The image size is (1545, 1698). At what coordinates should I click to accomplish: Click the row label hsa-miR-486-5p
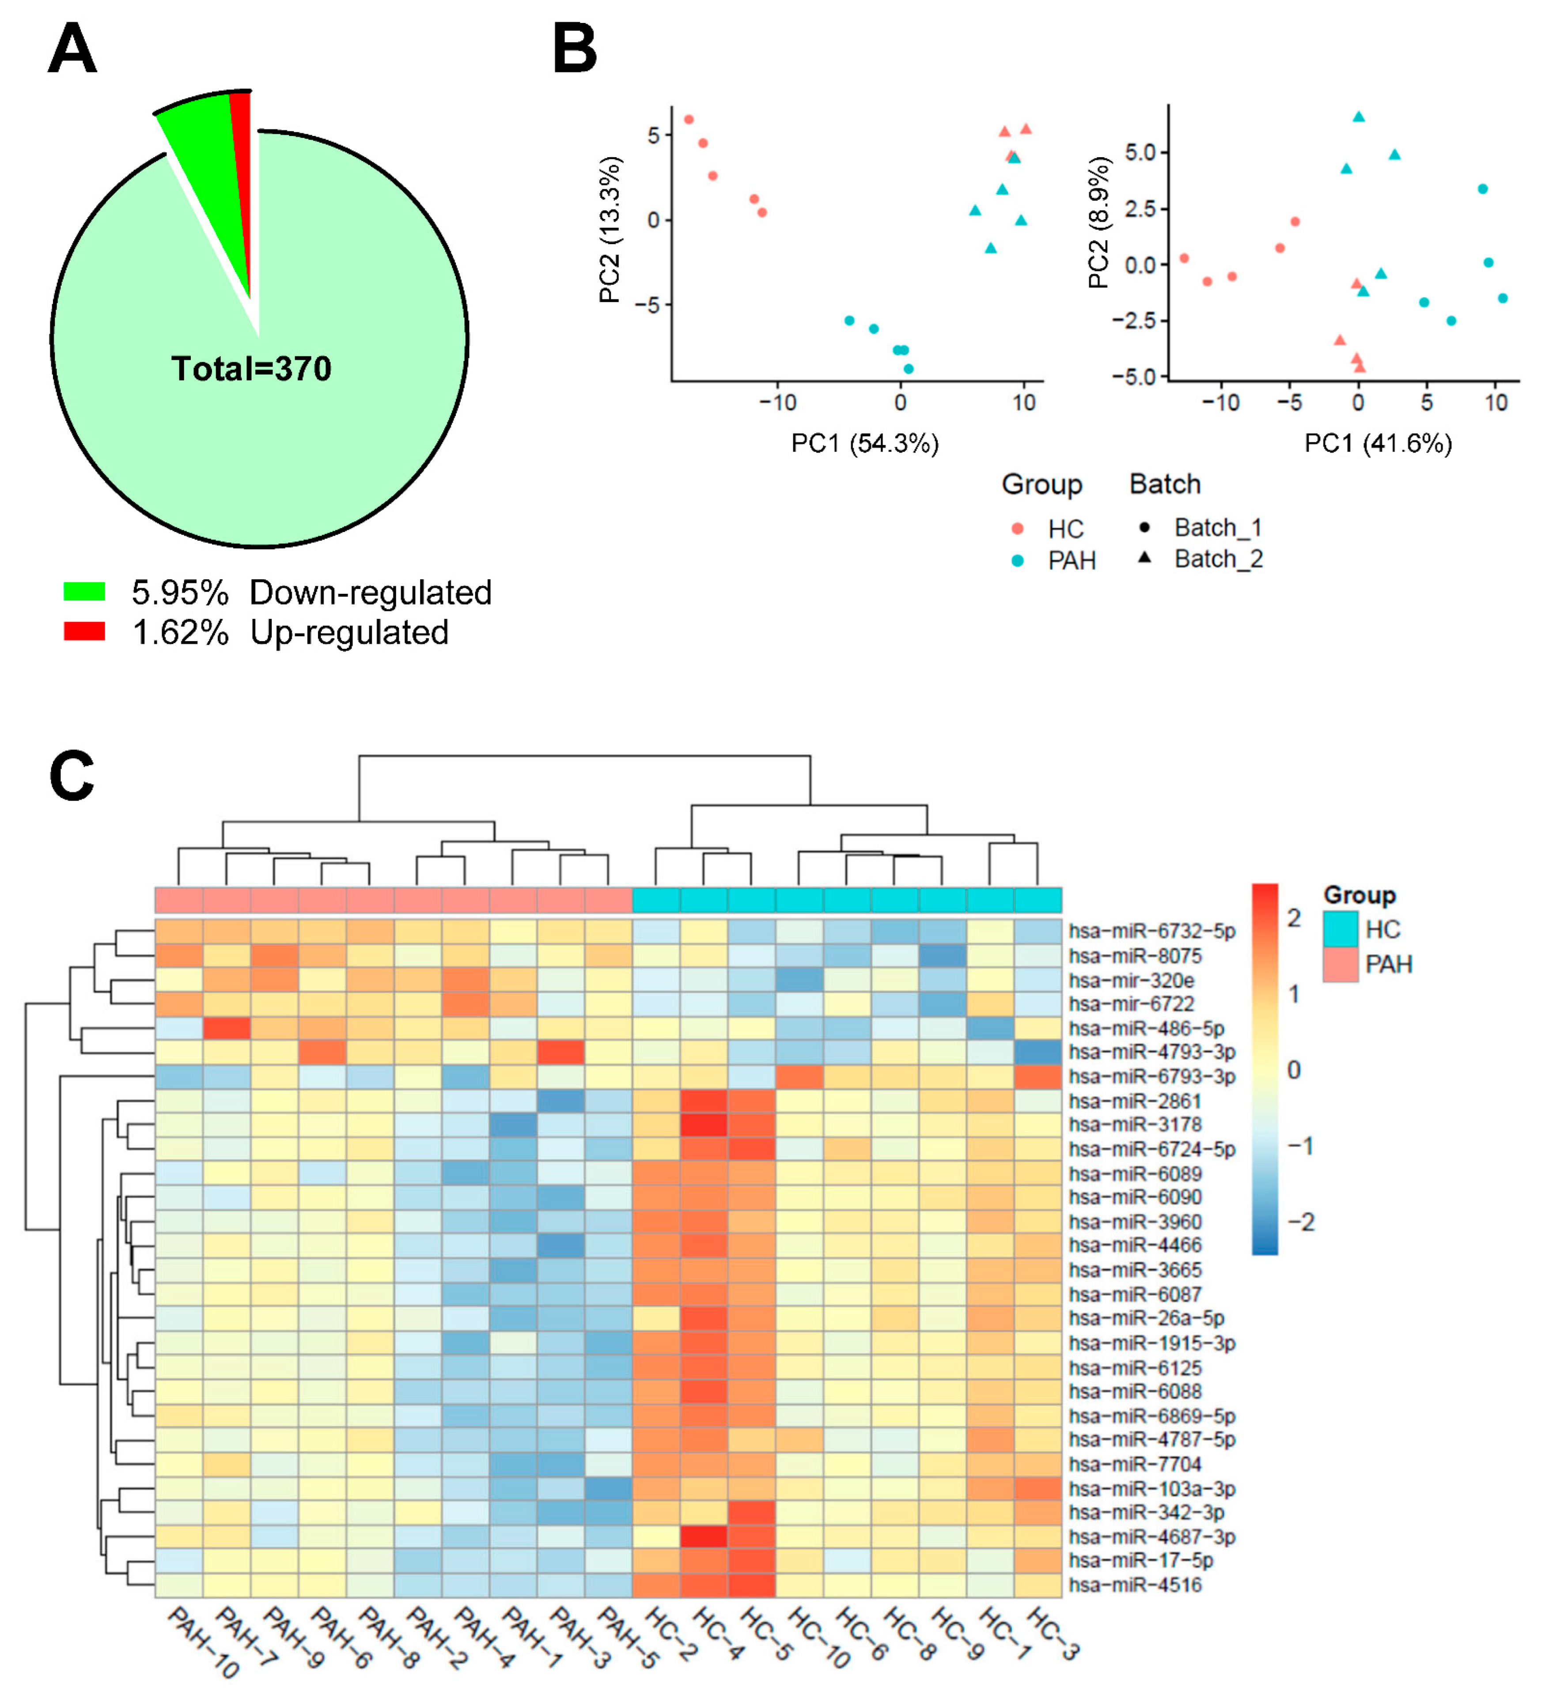click(x=1146, y=1028)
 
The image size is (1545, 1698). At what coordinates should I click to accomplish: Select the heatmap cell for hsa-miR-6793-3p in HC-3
click(x=1038, y=1076)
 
